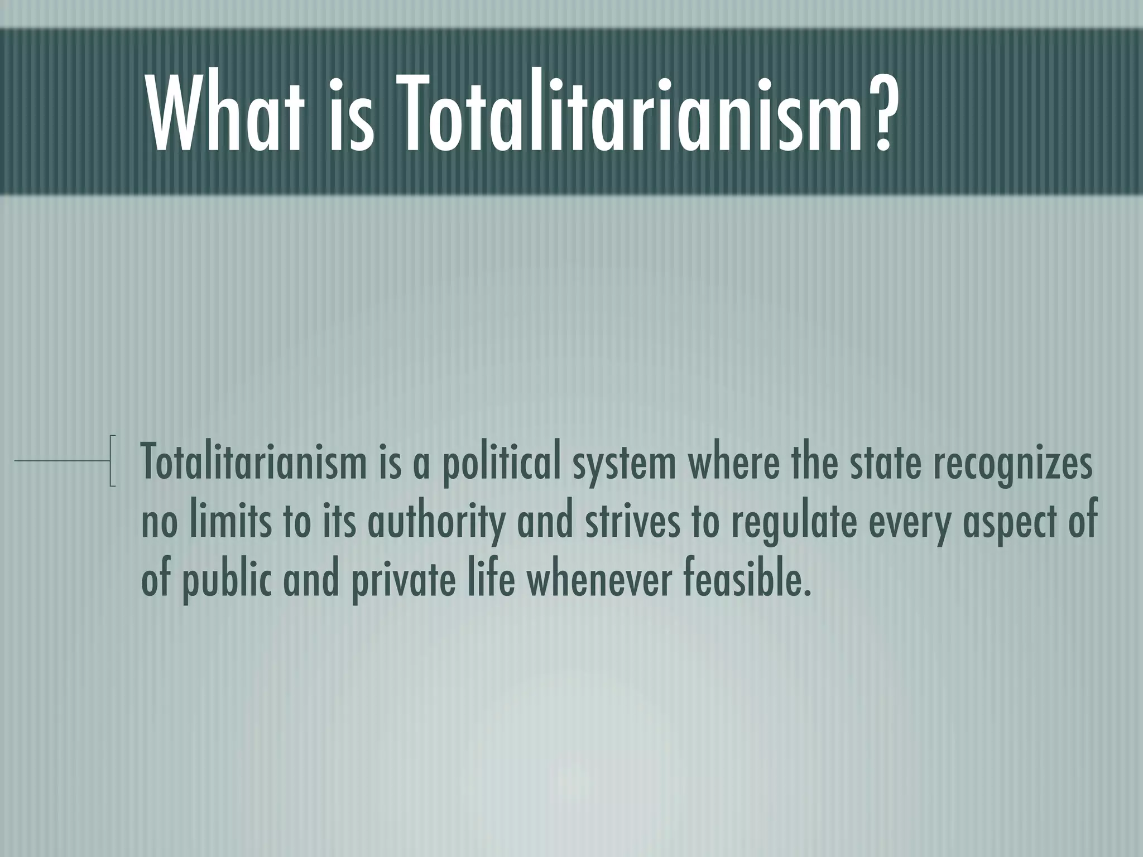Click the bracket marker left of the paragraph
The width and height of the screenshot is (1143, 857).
click(x=113, y=461)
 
